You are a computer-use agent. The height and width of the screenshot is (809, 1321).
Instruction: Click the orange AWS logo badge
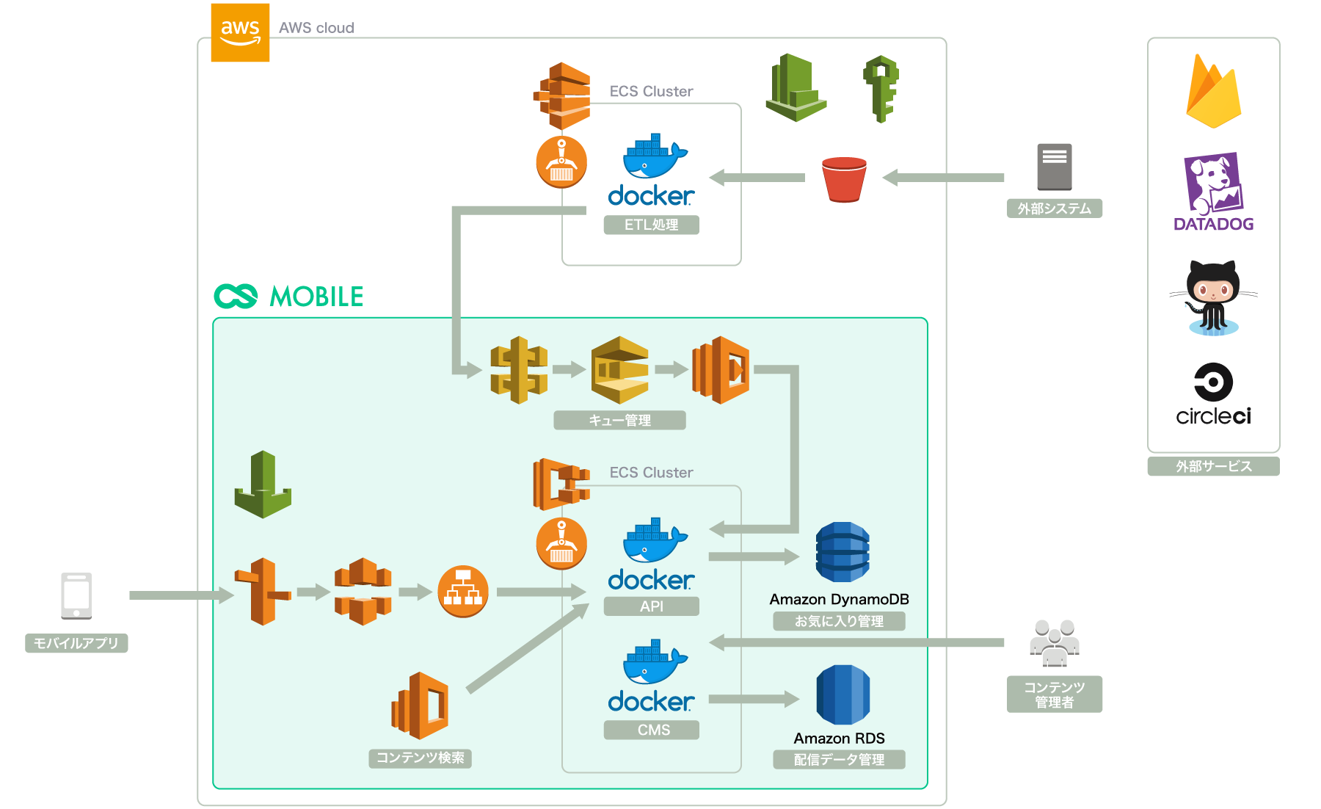click(x=240, y=32)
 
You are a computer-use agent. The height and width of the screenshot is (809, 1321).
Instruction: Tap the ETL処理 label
click(x=651, y=225)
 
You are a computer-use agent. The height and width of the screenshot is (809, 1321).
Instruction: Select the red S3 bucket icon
click(x=844, y=178)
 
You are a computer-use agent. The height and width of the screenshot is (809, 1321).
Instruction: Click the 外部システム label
click(x=1054, y=208)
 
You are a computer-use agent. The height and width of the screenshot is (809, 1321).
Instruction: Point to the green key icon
click(x=881, y=88)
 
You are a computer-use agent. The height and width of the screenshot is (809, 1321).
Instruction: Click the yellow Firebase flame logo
click(x=1213, y=92)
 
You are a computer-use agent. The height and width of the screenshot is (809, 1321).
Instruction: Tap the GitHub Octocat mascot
click(x=1213, y=298)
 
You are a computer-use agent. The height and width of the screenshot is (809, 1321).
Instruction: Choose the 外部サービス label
click(x=1213, y=466)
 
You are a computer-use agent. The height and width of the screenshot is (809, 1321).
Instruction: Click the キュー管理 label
click(x=619, y=420)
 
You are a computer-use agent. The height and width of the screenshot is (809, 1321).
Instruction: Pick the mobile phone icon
click(x=76, y=595)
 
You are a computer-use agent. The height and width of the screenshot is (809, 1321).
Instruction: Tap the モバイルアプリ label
click(x=76, y=643)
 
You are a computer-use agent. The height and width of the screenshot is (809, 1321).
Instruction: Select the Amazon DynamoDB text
click(x=839, y=599)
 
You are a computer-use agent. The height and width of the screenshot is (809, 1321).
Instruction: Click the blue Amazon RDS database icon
click(x=843, y=694)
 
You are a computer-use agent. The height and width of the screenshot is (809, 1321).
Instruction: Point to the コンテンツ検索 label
click(x=420, y=758)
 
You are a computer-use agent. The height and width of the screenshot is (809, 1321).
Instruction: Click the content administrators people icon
click(x=1054, y=642)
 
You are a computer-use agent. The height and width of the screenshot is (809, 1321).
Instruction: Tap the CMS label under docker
click(x=652, y=730)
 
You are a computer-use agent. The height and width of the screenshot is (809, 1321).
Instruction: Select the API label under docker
click(x=651, y=606)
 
